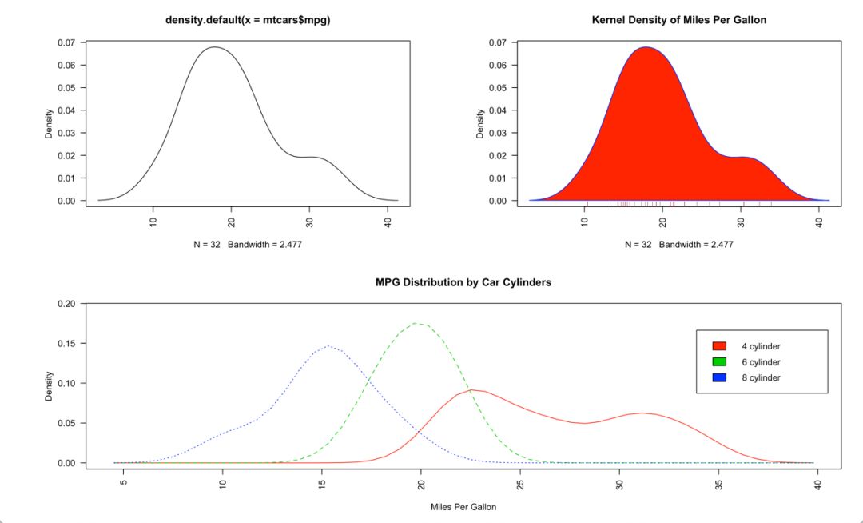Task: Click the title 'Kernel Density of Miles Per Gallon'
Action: [x=678, y=20]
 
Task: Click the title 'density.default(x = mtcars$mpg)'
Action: [x=248, y=20]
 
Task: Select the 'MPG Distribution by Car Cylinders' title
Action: [x=463, y=282]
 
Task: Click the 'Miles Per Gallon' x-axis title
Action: [x=463, y=506]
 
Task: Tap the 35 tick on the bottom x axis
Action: [x=719, y=484]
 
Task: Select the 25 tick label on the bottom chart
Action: [x=521, y=484]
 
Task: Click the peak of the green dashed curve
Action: [x=416, y=323]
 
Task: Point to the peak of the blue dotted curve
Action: [x=328, y=346]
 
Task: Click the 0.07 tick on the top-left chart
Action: [x=66, y=42]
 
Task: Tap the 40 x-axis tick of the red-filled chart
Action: [x=819, y=222]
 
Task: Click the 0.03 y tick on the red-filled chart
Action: [x=497, y=133]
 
